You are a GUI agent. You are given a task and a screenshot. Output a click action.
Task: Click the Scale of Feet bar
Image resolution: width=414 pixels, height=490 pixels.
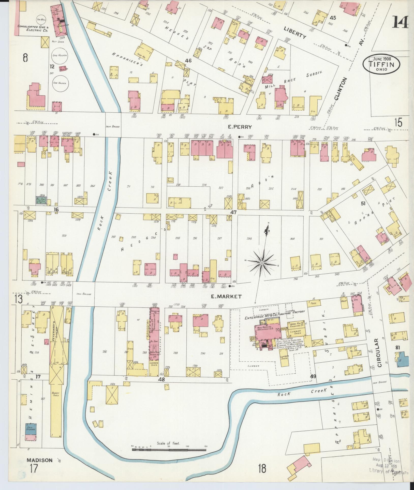coord(169,450)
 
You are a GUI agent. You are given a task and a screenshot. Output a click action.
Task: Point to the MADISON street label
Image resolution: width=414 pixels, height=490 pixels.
coord(39,460)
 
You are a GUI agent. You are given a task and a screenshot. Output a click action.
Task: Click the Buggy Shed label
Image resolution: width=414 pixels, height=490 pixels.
coord(56,394)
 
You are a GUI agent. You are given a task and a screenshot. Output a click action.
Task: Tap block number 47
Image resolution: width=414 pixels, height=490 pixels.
coord(233,212)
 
